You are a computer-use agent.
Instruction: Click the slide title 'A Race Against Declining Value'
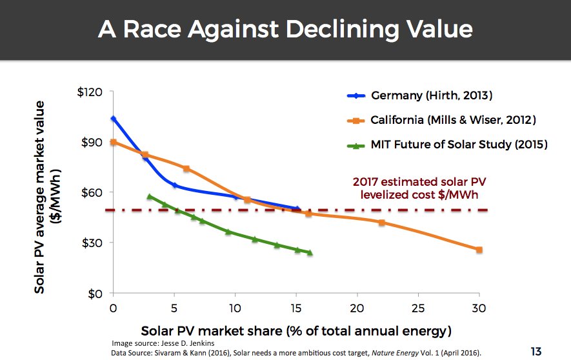[285, 30]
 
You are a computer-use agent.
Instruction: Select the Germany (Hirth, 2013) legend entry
[431, 96]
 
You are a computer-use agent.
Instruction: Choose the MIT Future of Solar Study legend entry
[459, 145]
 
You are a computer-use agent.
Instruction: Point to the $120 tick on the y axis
[90, 92]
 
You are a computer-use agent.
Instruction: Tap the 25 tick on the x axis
[417, 308]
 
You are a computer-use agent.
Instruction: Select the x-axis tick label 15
[296, 308]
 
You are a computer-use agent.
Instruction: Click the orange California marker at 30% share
[479, 250]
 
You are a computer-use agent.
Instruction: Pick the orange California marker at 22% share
[381, 223]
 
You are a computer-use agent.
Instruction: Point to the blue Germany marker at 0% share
[114, 119]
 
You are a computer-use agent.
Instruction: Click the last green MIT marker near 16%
[310, 253]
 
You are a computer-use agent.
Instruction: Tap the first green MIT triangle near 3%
[150, 196]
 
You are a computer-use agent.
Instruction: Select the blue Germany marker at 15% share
[297, 208]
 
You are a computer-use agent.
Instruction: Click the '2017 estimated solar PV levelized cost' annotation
[419, 187]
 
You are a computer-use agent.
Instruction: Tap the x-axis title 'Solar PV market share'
[296, 332]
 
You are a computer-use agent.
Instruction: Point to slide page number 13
[536, 352]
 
